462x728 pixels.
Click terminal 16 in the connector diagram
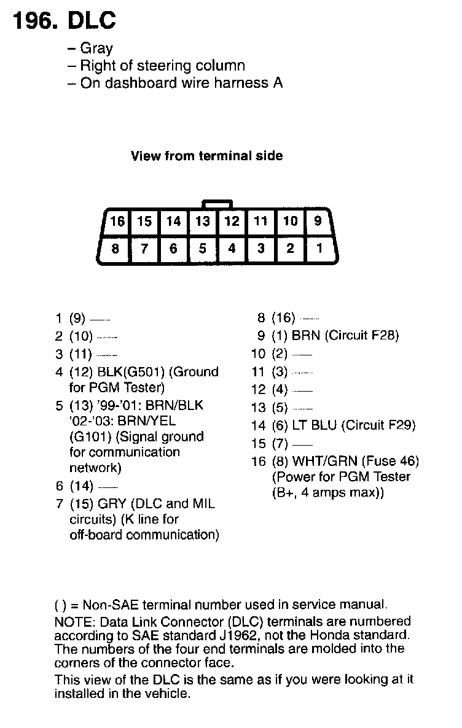click(x=117, y=221)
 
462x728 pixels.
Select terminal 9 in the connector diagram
click(x=318, y=221)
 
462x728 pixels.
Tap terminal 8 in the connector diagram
click(x=116, y=249)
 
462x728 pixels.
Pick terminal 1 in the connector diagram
click(x=319, y=249)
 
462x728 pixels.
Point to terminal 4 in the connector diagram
click(x=232, y=249)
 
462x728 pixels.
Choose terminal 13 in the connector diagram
click(x=203, y=221)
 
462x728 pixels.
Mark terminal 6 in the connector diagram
click(x=174, y=249)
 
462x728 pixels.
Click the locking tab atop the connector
click(x=217, y=203)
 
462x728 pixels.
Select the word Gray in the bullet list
click(x=96, y=48)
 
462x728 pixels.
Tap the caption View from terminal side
click(x=206, y=156)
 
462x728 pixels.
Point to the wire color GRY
click(x=112, y=504)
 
